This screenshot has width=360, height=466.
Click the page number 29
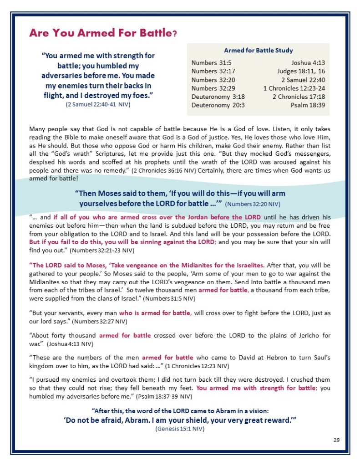(x=336, y=440)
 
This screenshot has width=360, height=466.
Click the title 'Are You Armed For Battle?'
(x=103, y=33)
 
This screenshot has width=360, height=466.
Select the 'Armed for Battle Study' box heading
(x=258, y=50)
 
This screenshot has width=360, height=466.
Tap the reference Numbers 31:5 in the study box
(x=209, y=62)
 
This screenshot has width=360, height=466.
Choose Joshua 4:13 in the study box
(x=308, y=62)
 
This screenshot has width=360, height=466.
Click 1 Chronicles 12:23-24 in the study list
(x=294, y=88)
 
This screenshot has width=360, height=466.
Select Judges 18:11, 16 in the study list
(x=301, y=71)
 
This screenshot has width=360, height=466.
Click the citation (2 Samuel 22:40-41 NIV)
(x=98, y=104)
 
